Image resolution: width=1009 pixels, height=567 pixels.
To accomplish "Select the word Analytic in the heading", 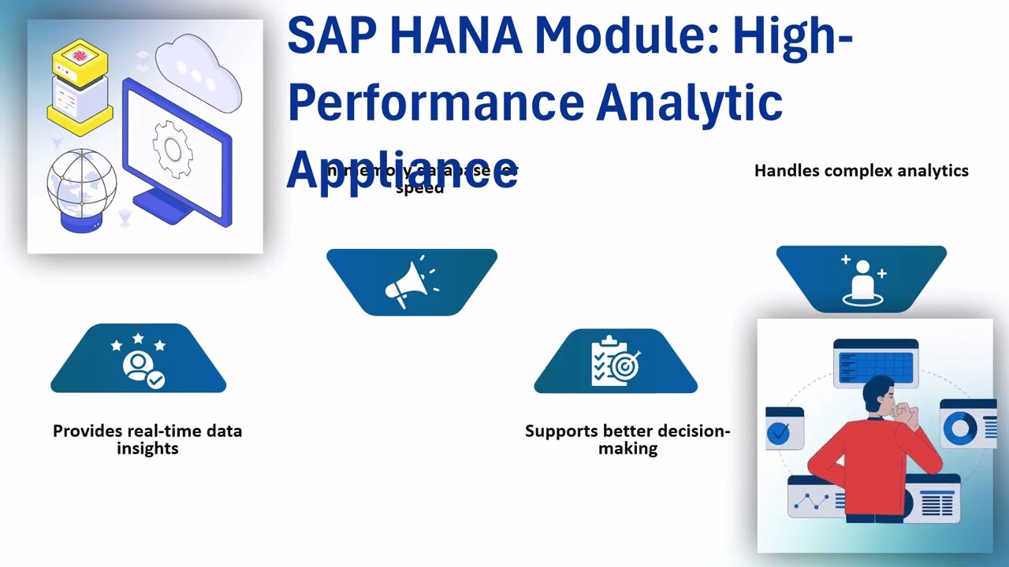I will [x=689, y=102].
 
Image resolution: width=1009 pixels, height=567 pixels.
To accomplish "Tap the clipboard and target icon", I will [x=616, y=361].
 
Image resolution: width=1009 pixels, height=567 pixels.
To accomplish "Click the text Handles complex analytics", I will [x=861, y=171].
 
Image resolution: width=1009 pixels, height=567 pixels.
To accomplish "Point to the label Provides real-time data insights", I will [x=147, y=439].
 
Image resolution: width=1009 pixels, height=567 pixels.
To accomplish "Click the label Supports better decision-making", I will [x=627, y=439].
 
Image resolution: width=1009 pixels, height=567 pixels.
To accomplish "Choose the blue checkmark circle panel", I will [x=783, y=428].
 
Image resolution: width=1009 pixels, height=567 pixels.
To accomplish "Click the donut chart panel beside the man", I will [x=966, y=425].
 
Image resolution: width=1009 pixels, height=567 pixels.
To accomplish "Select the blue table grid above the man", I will [x=876, y=365].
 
